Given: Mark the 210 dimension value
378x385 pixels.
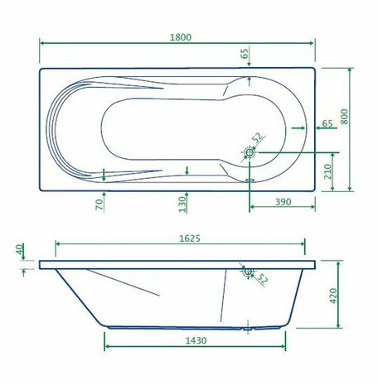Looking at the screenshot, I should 328,172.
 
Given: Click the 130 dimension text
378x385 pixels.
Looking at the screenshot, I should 181,203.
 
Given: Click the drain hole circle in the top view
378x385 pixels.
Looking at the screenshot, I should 250,152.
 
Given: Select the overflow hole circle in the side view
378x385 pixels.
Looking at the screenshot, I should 247,271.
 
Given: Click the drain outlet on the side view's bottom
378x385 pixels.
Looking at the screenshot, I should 246,328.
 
